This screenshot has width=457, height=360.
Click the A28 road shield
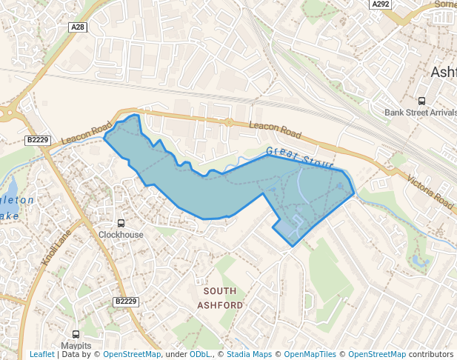(x=77, y=27)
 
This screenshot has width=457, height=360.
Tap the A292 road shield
(x=380, y=4)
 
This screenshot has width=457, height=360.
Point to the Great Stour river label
(x=299, y=157)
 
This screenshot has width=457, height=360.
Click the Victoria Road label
(x=430, y=190)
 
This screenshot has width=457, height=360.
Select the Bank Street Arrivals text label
(x=421, y=113)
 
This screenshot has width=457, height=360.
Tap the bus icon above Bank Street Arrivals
(x=421, y=101)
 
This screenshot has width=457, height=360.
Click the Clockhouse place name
(x=121, y=235)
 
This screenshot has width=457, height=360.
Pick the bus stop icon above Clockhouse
(x=121, y=223)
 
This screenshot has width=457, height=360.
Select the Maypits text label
(x=76, y=346)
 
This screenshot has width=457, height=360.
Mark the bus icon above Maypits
(x=76, y=335)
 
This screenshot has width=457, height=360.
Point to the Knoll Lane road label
(x=56, y=247)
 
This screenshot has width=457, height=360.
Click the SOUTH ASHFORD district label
(x=220, y=298)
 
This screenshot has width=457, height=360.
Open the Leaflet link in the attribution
(x=41, y=354)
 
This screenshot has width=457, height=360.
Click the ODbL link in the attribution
(x=200, y=354)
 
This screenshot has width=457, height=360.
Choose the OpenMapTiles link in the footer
(x=310, y=354)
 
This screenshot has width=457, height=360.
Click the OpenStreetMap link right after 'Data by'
(x=132, y=354)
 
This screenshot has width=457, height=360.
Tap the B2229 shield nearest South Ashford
(x=127, y=301)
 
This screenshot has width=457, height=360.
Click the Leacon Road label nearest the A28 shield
(x=86, y=133)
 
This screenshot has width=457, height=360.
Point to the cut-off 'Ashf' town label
(x=443, y=72)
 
